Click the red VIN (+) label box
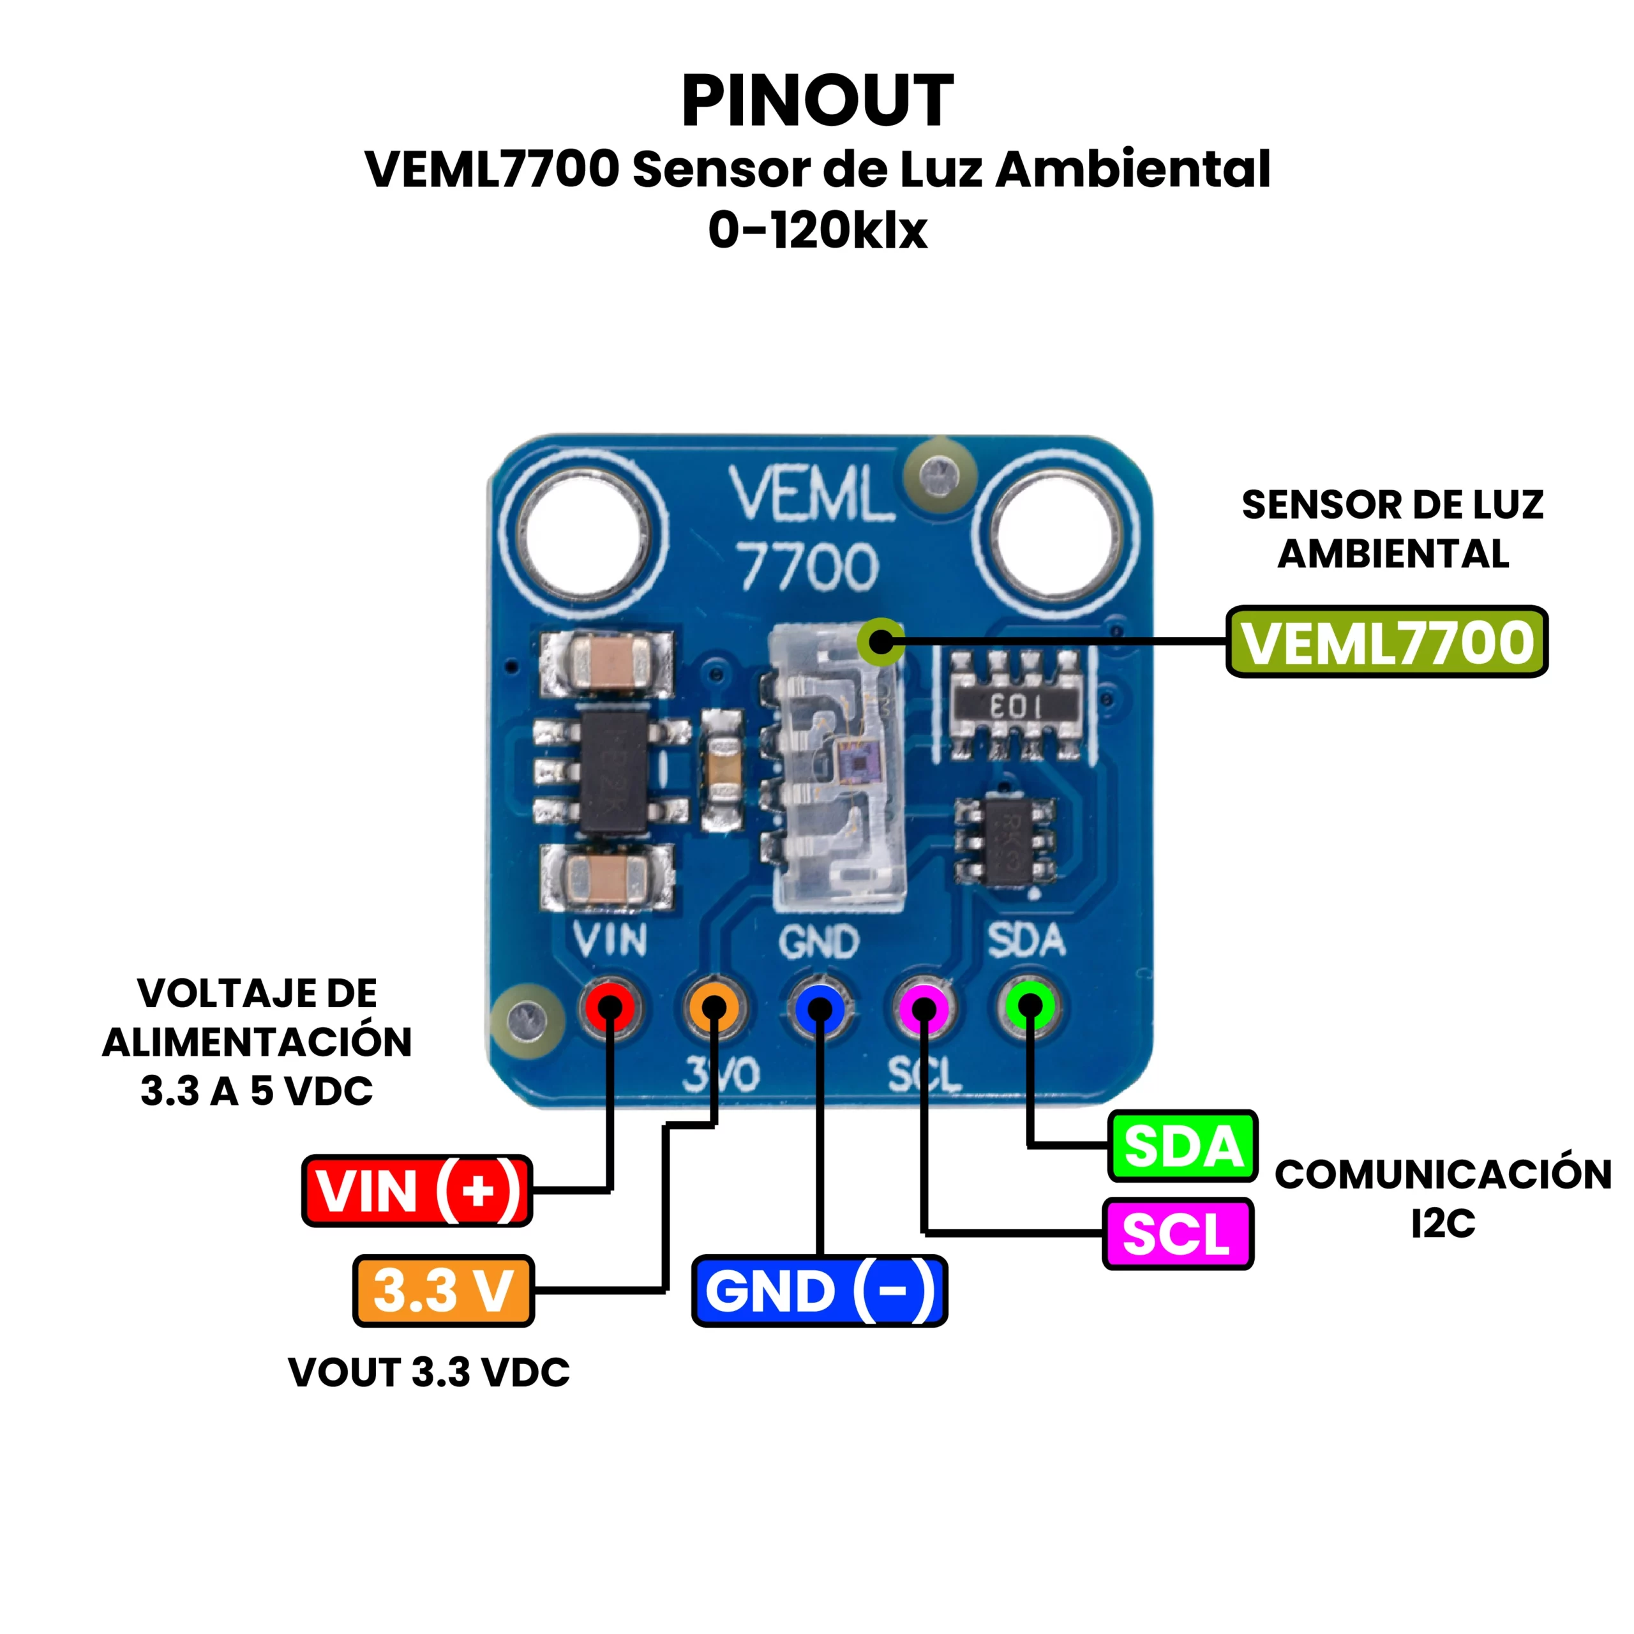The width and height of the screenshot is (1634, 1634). [417, 1191]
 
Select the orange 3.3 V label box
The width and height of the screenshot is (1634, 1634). [443, 1291]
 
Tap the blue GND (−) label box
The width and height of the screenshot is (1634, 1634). [819, 1291]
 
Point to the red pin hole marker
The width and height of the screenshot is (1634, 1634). [610, 1007]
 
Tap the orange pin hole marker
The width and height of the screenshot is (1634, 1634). [714, 1007]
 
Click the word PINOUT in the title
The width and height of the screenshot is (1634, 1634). [817, 101]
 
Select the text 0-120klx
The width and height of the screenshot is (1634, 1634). [817, 230]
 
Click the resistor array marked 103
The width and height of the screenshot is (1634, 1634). [1016, 705]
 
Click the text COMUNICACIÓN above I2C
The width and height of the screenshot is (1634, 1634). [1443, 1174]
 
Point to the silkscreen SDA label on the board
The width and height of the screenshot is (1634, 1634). [1025, 940]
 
